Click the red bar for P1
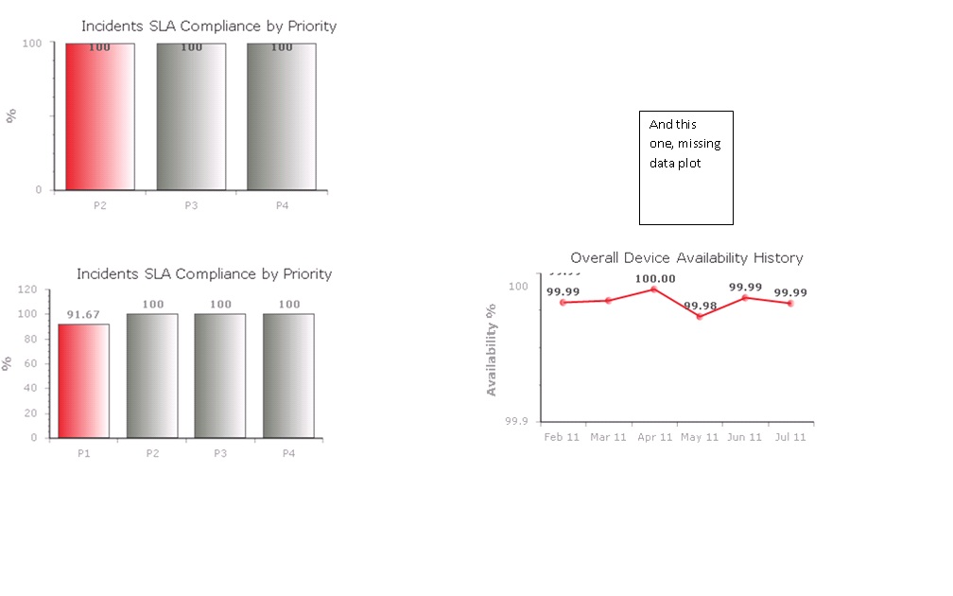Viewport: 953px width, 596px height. [x=84, y=380]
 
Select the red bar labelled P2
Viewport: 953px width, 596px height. [x=100, y=116]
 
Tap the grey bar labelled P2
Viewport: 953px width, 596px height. [x=152, y=376]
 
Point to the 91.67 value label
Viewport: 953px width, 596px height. [x=83, y=315]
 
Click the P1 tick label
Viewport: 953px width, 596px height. [x=84, y=453]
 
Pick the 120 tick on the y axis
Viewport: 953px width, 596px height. [x=27, y=289]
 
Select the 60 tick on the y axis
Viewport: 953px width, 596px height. [x=30, y=363]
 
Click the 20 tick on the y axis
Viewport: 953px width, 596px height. [x=30, y=413]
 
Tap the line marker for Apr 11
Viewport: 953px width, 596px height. [x=654, y=289]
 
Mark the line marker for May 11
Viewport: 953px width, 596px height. [x=700, y=316]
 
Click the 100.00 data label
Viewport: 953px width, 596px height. [x=655, y=279]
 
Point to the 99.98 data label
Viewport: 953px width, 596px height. [x=700, y=306]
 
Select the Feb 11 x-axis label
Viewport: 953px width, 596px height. [x=562, y=437]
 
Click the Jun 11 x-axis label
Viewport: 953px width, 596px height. [x=745, y=437]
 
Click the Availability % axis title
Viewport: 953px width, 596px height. [x=492, y=349]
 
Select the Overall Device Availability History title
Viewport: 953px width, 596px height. [x=686, y=257]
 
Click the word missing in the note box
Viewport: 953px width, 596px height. [x=699, y=144]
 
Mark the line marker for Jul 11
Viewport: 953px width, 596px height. [x=790, y=304]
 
